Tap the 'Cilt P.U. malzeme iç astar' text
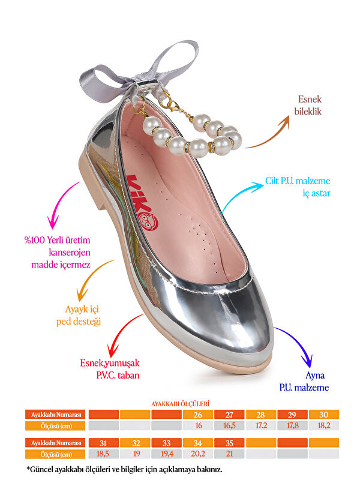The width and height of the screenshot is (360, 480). point(298,187)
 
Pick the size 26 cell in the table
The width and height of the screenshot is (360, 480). point(198,415)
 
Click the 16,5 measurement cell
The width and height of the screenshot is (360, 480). point(230,425)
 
